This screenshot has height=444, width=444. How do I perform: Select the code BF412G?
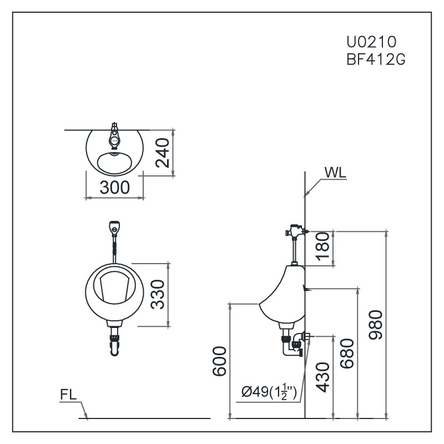click(375, 59)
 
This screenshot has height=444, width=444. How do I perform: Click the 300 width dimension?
click(115, 187)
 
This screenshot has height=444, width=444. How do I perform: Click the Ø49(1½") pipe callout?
click(270, 393)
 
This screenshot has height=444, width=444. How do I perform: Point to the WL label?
click(335, 172)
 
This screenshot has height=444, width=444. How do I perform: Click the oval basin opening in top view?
click(115, 162)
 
